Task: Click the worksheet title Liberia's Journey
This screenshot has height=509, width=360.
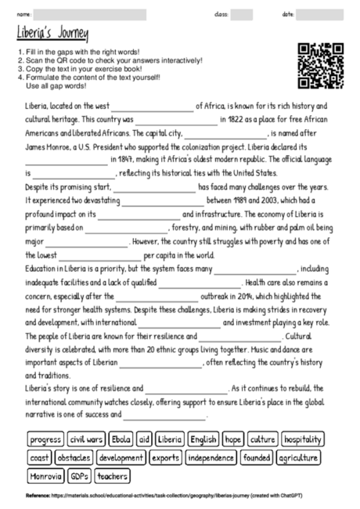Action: click(52, 34)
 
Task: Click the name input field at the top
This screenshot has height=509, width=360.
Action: click(90, 13)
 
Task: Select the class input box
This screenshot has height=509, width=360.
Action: click(242, 13)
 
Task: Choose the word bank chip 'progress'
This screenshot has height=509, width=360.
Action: click(45, 439)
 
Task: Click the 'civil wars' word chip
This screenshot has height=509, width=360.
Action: click(86, 439)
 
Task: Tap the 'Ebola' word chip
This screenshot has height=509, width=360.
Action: click(121, 439)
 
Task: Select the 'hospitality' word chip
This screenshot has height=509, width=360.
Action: click(302, 439)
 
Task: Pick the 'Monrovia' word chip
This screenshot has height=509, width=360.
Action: click(45, 475)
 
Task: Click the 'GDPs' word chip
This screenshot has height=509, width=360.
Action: click(79, 475)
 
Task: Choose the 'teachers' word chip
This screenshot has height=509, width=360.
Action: click(112, 475)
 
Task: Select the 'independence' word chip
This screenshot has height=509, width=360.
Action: click(211, 457)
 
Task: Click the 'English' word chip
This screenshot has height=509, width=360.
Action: click(203, 439)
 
